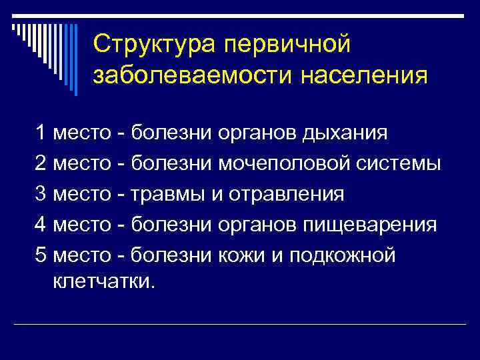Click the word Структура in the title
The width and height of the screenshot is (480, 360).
tap(155, 45)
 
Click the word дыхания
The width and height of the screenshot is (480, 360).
tap(344, 132)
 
